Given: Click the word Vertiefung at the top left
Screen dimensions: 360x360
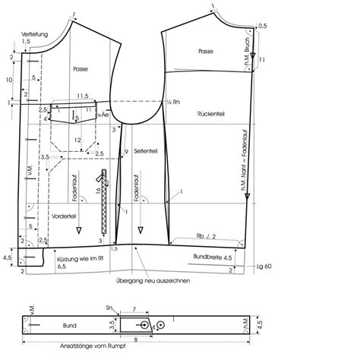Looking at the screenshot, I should click(x=35, y=35).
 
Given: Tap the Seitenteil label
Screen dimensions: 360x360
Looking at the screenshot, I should click(x=144, y=152).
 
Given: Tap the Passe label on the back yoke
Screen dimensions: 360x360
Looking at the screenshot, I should click(x=204, y=52).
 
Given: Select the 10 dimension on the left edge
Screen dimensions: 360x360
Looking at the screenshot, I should click(x=8, y=79).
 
